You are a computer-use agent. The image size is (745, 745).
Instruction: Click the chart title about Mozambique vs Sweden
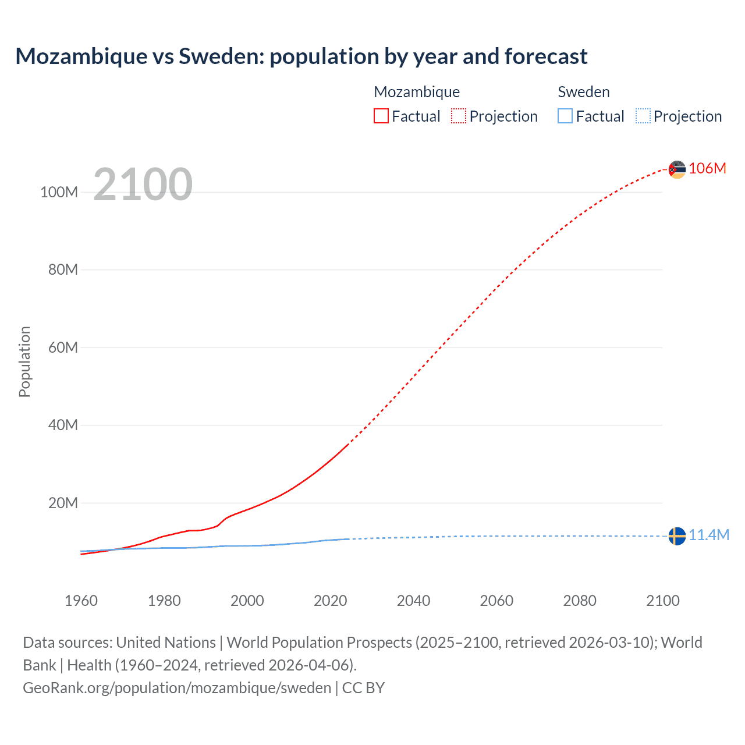click(301, 56)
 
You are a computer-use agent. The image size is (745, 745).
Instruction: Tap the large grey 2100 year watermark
click(143, 185)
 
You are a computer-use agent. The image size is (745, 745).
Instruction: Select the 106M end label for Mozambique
click(707, 168)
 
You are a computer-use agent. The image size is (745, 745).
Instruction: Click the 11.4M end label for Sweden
click(708, 535)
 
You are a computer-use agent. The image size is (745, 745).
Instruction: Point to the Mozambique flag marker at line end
click(677, 169)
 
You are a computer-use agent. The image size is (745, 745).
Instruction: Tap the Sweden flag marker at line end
click(677, 536)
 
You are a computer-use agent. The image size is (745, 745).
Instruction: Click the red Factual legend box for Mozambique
click(381, 116)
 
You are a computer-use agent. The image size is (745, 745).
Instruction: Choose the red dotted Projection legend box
click(458, 116)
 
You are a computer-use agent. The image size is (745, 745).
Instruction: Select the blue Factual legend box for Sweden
click(565, 116)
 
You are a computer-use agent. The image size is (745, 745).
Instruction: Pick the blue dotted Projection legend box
click(643, 116)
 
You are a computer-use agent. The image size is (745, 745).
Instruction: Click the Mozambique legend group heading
click(417, 92)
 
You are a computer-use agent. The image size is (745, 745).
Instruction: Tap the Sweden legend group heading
click(583, 92)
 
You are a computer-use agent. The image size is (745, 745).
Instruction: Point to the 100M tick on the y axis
click(59, 192)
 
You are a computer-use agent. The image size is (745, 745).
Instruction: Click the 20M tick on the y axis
click(62, 503)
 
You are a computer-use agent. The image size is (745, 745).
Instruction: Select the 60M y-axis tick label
click(62, 347)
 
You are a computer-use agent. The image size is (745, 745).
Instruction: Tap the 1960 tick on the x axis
click(81, 601)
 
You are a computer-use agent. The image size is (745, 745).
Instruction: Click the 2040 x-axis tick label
click(413, 601)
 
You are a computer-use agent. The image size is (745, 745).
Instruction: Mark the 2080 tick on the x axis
click(580, 601)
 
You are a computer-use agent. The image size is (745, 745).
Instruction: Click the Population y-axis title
click(24, 361)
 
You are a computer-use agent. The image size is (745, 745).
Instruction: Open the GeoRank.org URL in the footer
click(177, 688)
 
